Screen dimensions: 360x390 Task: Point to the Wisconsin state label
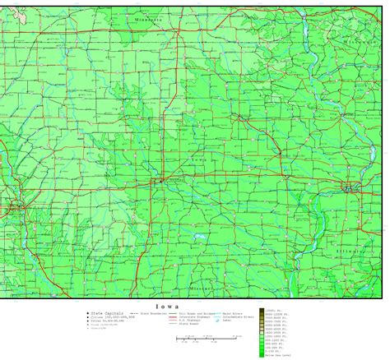tap(360, 42)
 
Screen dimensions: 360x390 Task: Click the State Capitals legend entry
tap(106, 313)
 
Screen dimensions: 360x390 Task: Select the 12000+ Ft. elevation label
tap(272, 310)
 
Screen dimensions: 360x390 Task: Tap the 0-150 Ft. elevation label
tap(272, 351)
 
